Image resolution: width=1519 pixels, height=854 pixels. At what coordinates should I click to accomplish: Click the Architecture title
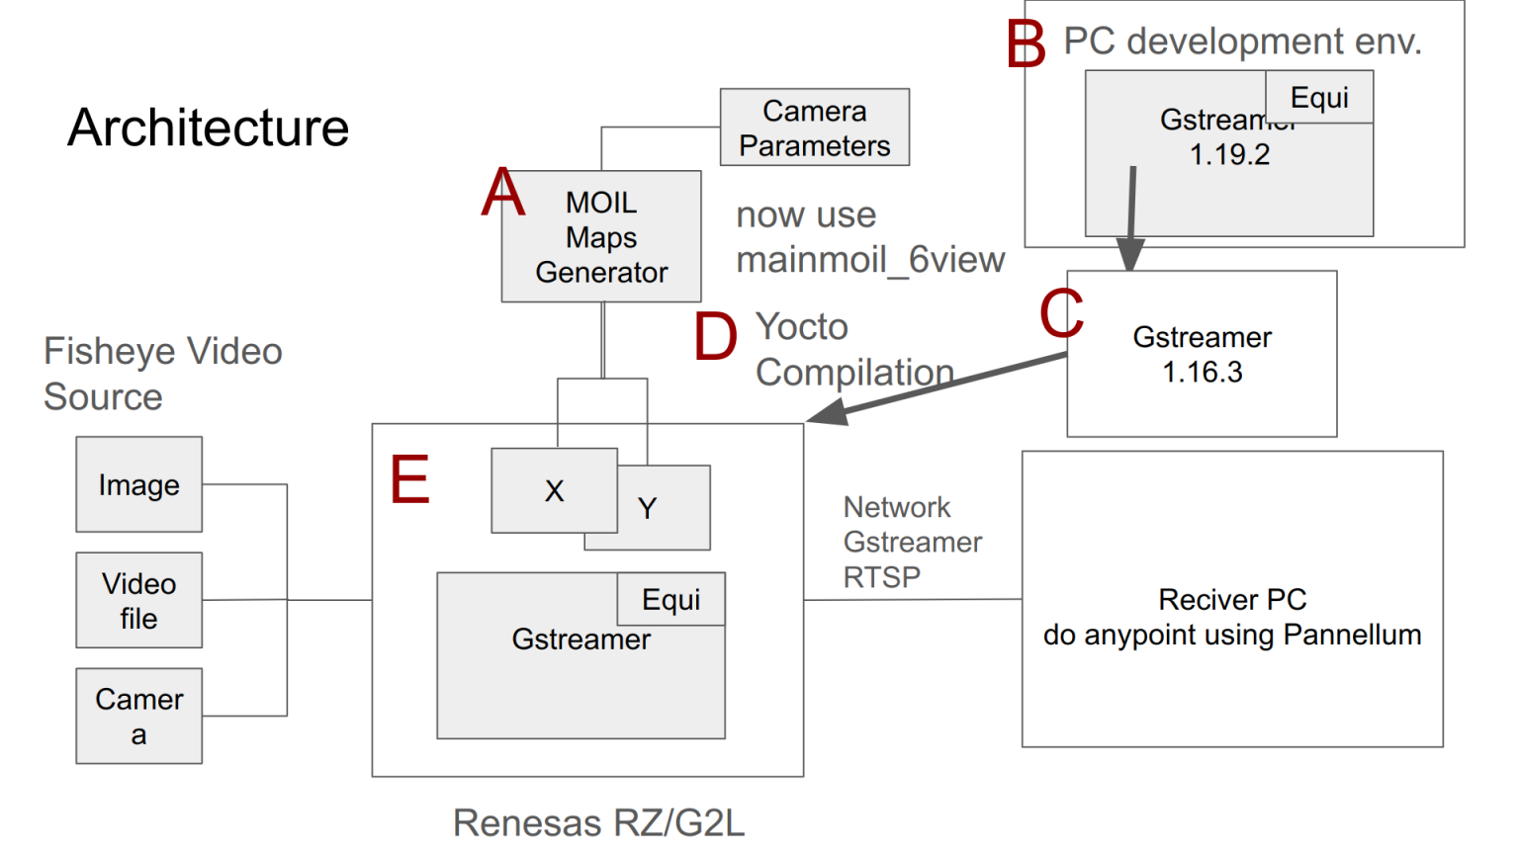(208, 128)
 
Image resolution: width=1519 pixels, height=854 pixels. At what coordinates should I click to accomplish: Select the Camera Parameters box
(814, 128)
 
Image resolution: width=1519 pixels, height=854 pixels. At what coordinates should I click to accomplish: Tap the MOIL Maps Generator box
(601, 237)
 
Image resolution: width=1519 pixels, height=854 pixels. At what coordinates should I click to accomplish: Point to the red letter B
(1026, 44)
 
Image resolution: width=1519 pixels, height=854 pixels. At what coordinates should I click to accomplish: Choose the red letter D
(715, 336)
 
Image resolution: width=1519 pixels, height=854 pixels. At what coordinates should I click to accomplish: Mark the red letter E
(409, 479)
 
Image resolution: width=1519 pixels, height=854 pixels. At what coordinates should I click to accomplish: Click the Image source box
(139, 485)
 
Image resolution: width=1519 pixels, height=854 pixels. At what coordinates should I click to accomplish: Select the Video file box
(139, 600)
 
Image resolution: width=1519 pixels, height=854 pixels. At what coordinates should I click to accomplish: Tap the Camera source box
(139, 716)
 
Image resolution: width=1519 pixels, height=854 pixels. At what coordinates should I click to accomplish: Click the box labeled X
(554, 490)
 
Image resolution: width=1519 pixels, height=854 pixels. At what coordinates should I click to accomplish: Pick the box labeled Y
(663, 508)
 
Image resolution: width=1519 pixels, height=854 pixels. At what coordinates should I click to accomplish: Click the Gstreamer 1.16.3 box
(1202, 354)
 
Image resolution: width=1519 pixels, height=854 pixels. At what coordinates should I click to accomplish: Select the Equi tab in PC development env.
(1319, 97)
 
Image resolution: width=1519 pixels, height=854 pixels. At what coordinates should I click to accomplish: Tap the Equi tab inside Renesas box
(670, 599)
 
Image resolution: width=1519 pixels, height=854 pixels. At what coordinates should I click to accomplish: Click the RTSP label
(881, 577)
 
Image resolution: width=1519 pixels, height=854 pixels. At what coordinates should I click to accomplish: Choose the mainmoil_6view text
(870, 260)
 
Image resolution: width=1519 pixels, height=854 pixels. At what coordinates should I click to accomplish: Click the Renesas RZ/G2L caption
(598, 822)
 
